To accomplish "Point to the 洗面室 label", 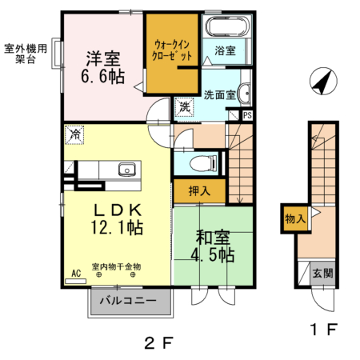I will [219, 94].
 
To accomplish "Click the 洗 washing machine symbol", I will [184, 107].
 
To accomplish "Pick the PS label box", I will [248, 115].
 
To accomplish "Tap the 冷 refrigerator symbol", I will [74, 135].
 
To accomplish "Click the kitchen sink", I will [127, 170].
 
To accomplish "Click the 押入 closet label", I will [199, 190].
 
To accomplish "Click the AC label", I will [77, 274].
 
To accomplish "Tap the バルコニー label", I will [129, 303].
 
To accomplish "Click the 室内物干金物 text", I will [116, 266].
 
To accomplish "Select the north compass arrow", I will [322, 82].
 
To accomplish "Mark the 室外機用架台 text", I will [25, 54].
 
